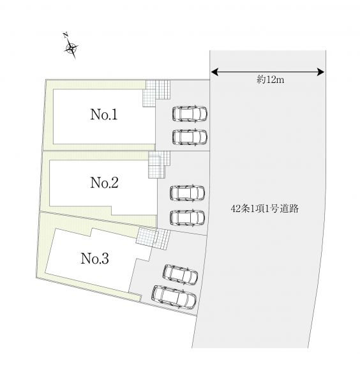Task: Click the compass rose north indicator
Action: (71, 48)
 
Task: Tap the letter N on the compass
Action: (66, 34)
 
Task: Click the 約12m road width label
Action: (271, 80)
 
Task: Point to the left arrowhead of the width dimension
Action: (214, 72)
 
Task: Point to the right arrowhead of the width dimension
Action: (320, 72)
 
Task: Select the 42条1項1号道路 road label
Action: (264, 209)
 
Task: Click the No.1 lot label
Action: (104, 114)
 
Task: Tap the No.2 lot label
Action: (104, 183)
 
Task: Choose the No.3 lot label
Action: (94, 259)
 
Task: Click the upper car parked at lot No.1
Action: (190, 114)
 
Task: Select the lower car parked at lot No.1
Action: (190, 137)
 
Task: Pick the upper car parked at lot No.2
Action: (187, 193)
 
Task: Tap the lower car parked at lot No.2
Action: (187, 217)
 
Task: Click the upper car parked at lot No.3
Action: (180, 274)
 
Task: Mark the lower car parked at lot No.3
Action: (174, 297)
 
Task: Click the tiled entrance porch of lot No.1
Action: (156, 93)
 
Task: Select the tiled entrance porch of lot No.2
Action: (159, 165)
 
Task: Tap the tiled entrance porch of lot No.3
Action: (153, 239)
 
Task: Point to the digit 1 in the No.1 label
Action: (114, 114)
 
